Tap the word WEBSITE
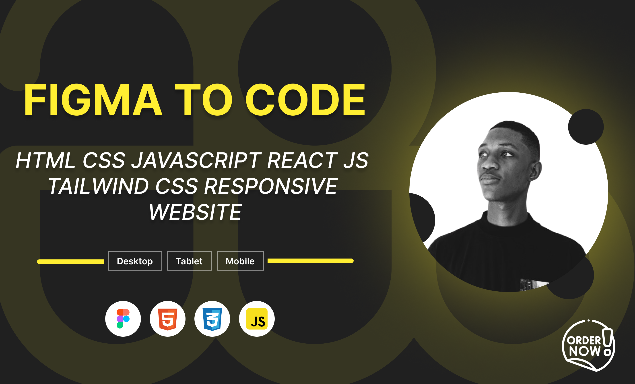point(196,212)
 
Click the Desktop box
point(135,261)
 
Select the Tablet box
point(190,261)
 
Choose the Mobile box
point(240,261)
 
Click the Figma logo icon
point(123,319)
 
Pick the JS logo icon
point(257,319)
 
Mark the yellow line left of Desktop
point(71,261)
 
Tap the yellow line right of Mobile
point(311,261)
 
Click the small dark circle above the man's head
point(586,127)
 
